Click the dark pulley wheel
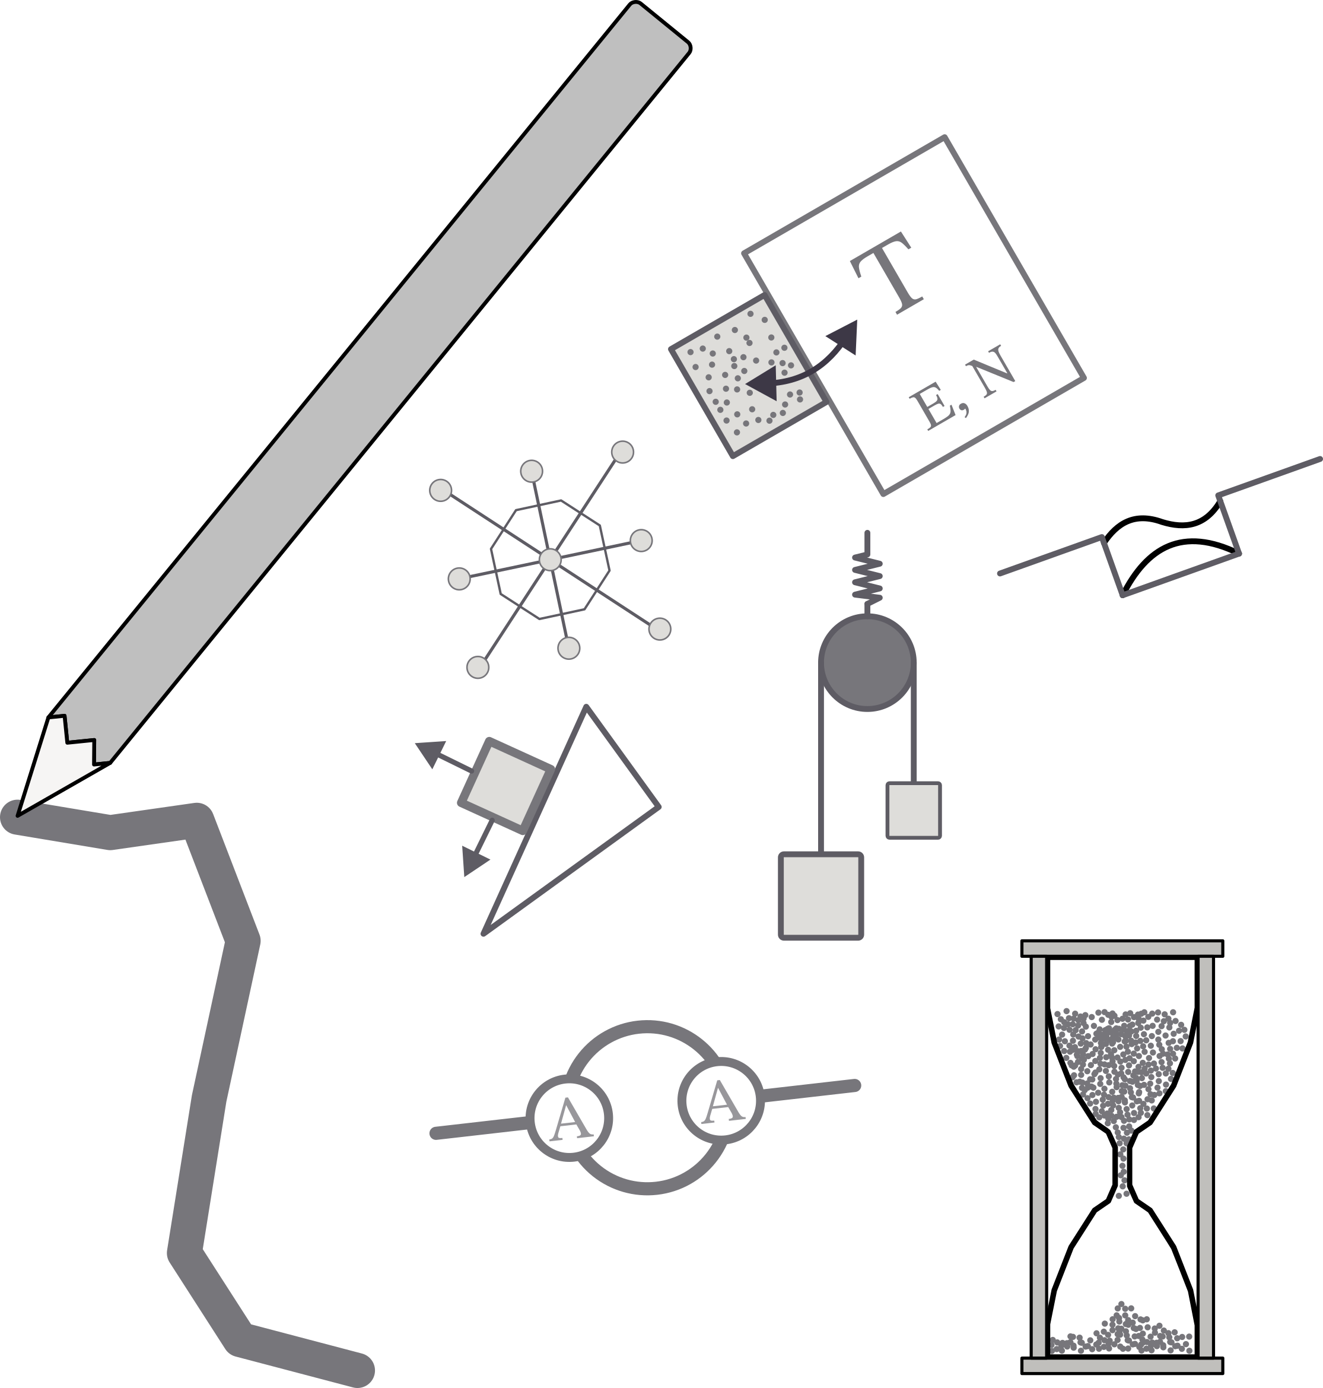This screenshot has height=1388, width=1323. (x=867, y=662)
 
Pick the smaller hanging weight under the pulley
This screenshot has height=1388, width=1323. (x=913, y=809)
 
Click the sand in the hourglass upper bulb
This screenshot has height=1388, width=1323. (x=1121, y=1058)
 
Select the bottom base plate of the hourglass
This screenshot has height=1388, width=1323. (x=1121, y=1365)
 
